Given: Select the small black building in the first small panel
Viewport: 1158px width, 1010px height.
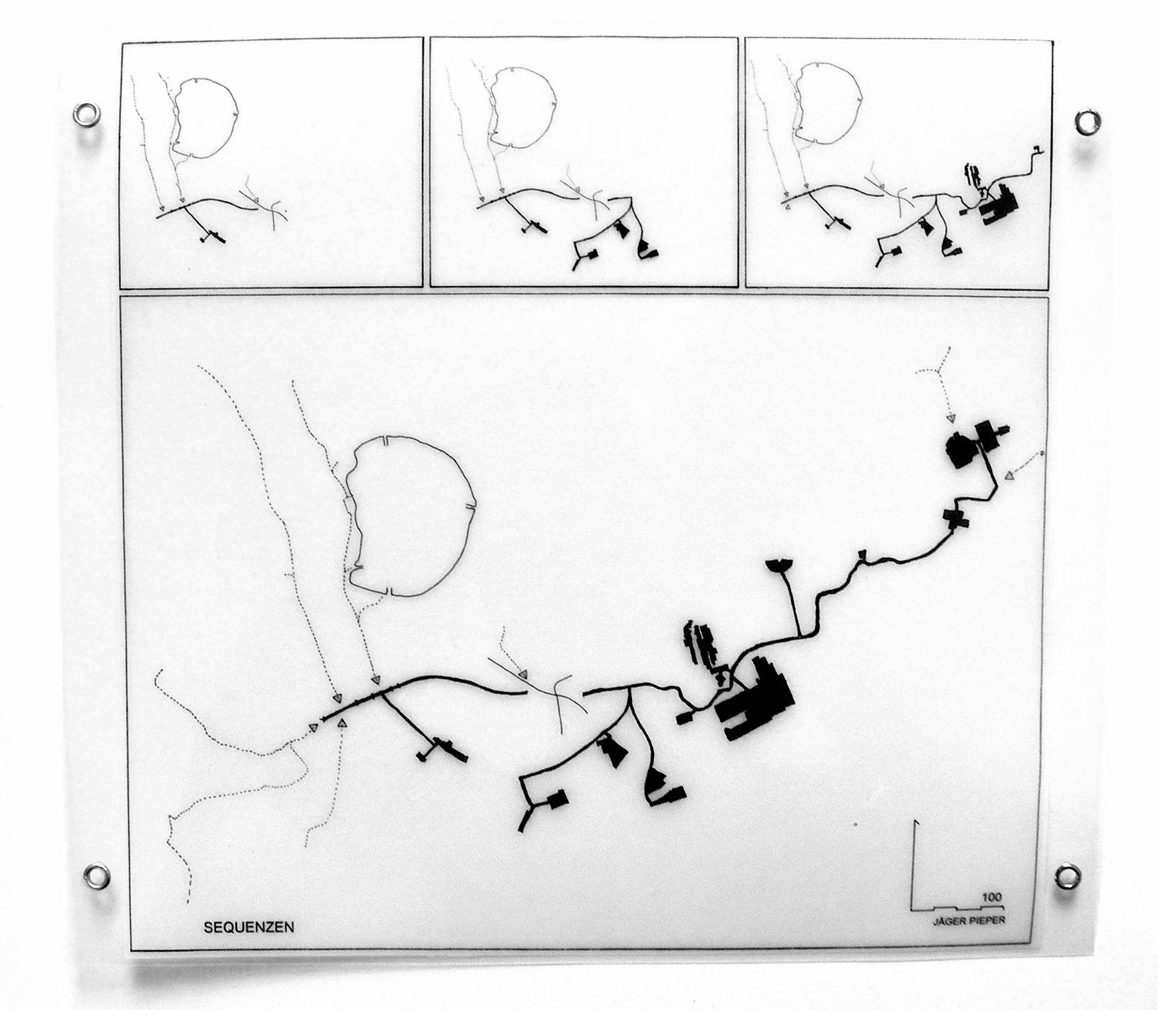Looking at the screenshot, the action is [211, 237].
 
